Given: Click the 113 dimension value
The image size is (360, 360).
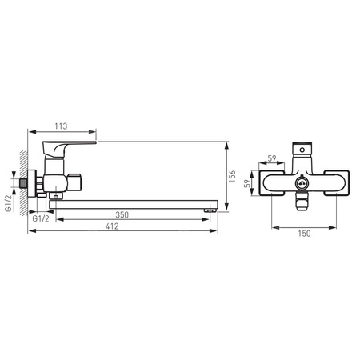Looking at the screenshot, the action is [x=61, y=126].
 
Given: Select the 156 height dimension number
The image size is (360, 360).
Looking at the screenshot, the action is [x=232, y=176].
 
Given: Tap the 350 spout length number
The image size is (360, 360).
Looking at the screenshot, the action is [x=122, y=214].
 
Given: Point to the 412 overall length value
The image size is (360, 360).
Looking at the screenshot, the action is [x=112, y=226].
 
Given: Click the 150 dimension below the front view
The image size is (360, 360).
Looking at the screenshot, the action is [x=304, y=234].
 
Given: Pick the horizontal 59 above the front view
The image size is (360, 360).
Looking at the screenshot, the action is [x=272, y=158].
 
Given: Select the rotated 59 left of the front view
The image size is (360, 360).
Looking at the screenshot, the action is [x=247, y=184].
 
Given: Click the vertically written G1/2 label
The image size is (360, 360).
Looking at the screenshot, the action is [x=9, y=203].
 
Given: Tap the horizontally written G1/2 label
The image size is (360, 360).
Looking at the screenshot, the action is [x=41, y=218].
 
